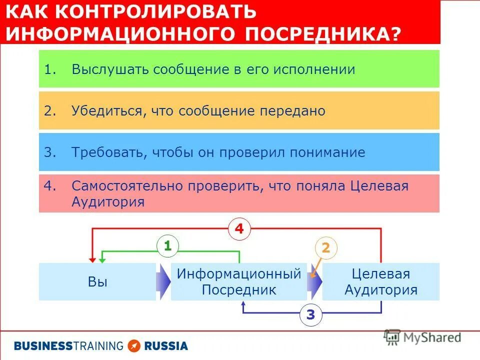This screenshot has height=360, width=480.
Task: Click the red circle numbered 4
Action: (x=239, y=230)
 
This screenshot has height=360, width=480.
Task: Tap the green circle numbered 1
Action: (x=167, y=246)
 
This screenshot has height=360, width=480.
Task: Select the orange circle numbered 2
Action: (x=325, y=248)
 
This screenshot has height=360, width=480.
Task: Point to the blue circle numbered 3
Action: (x=310, y=315)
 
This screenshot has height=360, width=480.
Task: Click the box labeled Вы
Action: (x=97, y=281)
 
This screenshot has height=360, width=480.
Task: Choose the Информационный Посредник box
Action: (x=238, y=281)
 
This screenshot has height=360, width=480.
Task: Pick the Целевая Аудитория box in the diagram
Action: (x=381, y=281)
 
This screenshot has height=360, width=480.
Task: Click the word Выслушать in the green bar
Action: (x=110, y=69)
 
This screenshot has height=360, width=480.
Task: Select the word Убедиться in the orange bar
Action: (x=106, y=111)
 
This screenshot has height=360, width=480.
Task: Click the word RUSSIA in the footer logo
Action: (x=166, y=345)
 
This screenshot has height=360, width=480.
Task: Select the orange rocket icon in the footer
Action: (x=134, y=345)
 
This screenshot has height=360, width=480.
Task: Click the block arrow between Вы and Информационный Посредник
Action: (x=164, y=281)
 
